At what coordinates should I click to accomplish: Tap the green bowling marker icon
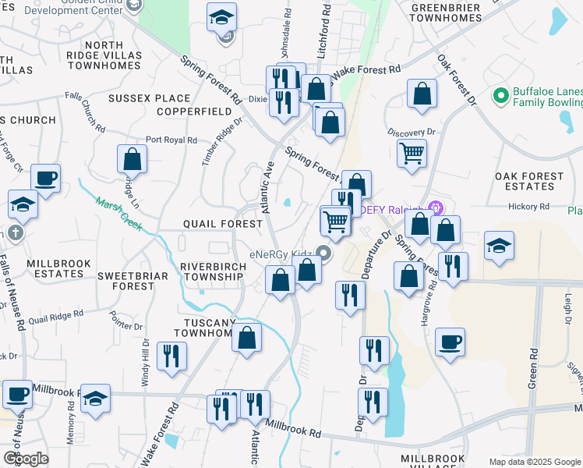tap(501, 97)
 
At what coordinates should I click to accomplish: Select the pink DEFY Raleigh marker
tap(435, 209)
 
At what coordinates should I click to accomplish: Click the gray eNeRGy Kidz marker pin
tap(324, 255)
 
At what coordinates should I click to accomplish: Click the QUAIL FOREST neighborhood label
tap(223, 224)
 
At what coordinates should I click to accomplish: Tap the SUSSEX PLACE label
tap(150, 98)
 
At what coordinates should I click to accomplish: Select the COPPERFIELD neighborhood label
tap(195, 112)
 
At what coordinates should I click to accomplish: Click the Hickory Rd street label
tap(529, 207)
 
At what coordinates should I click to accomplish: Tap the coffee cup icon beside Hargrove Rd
tap(450, 341)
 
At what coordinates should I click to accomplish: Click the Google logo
tap(26, 459)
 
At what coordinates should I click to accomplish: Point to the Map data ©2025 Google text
tap(534, 462)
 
